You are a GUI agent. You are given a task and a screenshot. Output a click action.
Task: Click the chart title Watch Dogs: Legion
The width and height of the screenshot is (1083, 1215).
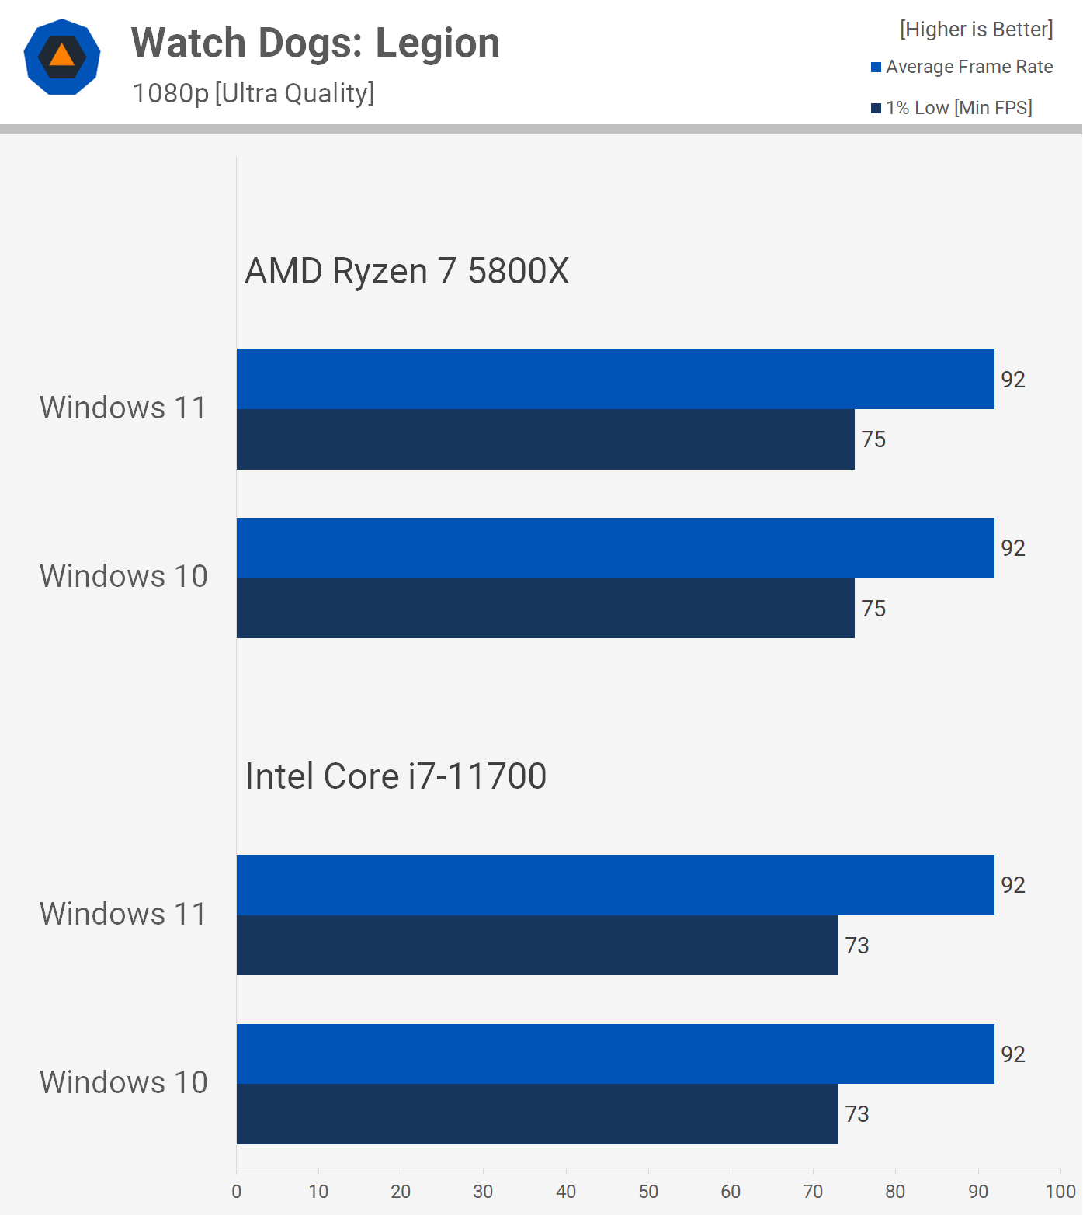click(x=315, y=43)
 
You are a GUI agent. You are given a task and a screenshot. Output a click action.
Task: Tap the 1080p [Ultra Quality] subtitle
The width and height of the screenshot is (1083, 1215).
click(x=253, y=93)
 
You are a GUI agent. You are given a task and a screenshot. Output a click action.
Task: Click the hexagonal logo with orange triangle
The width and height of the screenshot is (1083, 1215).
click(x=62, y=57)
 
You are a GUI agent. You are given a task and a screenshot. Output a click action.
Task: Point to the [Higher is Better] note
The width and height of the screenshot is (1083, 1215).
click(x=976, y=30)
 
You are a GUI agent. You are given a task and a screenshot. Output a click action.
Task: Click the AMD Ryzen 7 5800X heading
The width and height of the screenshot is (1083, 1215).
click(x=407, y=271)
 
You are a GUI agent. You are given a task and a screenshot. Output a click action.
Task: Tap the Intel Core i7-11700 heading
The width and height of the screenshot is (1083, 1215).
click(x=396, y=776)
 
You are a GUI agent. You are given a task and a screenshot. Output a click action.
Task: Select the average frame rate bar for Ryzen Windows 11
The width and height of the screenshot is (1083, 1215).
click(x=615, y=379)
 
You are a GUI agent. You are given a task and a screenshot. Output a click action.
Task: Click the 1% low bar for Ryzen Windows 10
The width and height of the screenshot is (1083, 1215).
click(x=545, y=608)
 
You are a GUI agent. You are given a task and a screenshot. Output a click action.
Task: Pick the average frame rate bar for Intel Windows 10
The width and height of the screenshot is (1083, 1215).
click(x=615, y=1054)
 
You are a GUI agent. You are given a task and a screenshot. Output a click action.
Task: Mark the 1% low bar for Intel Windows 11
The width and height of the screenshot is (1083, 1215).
click(x=537, y=945)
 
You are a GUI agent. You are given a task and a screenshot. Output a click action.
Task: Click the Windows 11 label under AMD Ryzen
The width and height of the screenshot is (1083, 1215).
click(x=123, y=408)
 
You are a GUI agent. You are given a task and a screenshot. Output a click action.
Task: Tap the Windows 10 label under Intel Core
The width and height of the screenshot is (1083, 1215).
click(x=123, y=1082)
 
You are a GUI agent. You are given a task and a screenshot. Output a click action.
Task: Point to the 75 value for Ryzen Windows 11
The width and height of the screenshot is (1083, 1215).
click(x=873, y=439)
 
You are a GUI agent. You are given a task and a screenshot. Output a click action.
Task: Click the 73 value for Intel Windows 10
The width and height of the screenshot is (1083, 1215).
click(x=857, y=1114)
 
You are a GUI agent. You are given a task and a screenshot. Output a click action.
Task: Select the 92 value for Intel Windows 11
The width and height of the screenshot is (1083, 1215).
click(x=1013, y=885)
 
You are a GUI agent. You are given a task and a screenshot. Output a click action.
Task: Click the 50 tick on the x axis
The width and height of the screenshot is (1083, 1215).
click(x=648, y=1192)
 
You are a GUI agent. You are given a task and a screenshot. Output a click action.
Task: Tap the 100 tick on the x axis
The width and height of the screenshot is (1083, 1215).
click(x=1060, y=1192)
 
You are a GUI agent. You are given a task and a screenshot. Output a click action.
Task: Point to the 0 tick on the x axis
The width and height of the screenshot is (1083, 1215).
click(x=237, y=1192)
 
